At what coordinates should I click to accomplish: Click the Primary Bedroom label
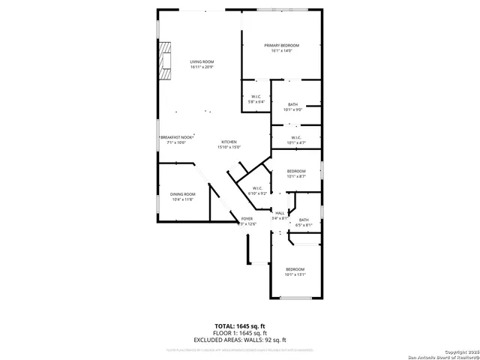[282, 46]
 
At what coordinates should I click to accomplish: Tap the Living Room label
[201, 62]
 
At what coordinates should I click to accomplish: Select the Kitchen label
[229, 142]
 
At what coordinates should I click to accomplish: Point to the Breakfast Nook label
[177, 137]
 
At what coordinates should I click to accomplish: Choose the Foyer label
[247, 218]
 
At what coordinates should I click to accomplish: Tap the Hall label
[279, 214]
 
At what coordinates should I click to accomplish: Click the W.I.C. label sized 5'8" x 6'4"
[256, 97]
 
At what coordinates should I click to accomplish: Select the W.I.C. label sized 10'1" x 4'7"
[295, 137]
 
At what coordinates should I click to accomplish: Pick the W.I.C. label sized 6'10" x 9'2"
[257, 188]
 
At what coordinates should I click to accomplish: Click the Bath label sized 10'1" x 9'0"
[292, 104]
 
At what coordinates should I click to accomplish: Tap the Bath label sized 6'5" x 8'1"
[304, 220]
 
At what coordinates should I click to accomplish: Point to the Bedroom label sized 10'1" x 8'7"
[295, 172]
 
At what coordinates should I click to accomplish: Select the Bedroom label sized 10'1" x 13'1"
[295, 269]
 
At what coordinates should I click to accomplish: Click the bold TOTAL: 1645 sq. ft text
[240, 325]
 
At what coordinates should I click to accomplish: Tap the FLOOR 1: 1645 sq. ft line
[240, 332]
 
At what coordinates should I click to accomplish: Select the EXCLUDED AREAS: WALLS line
[240, 340]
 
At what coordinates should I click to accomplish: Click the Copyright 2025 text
[460, 352]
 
